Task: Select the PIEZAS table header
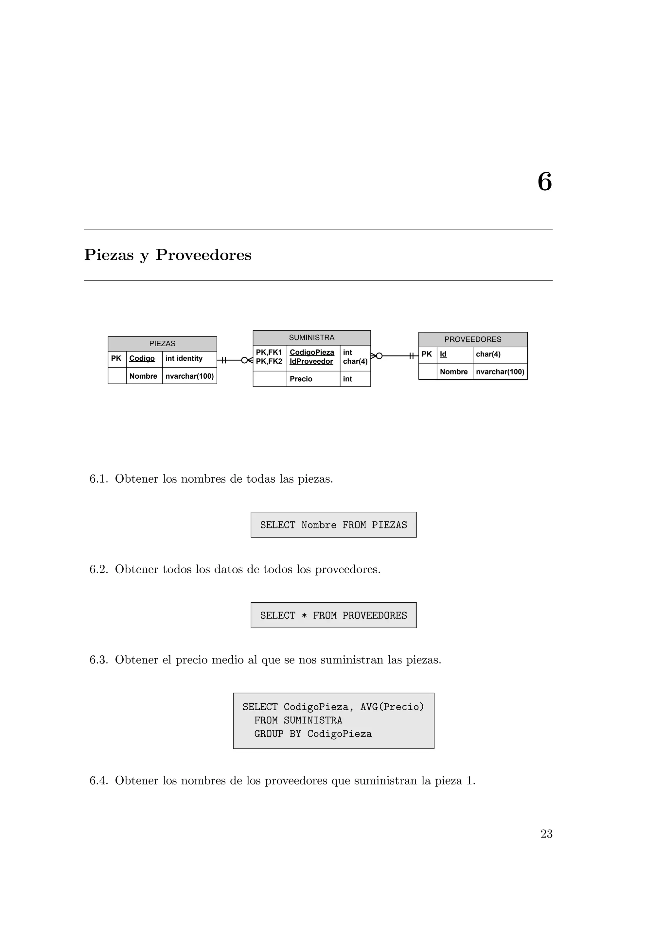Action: point(162,344)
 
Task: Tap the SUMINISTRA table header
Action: point(311,338)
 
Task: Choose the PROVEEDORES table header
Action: point(473,339)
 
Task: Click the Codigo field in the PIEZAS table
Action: point(142,358)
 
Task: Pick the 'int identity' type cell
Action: point(184,358)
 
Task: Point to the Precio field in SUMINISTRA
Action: point(301,379)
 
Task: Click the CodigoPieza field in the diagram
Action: point(312,352)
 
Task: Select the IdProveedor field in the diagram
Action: point(311,361)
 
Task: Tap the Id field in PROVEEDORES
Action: point(443,354)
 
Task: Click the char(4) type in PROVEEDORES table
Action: point(488,354)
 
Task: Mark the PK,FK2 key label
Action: point(269,361)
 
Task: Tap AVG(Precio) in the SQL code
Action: point(392,707)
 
